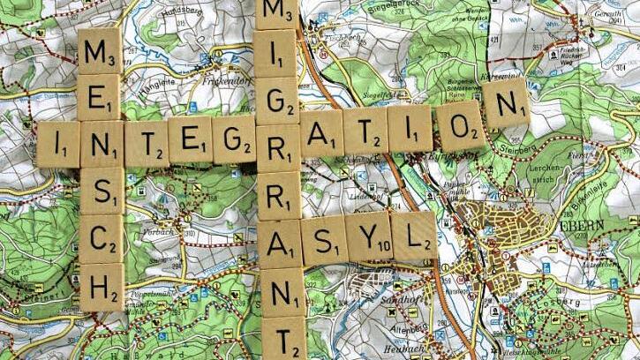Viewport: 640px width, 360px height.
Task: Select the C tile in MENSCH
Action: click(102, 238)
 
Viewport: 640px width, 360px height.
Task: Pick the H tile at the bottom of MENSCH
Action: click(102, 286)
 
